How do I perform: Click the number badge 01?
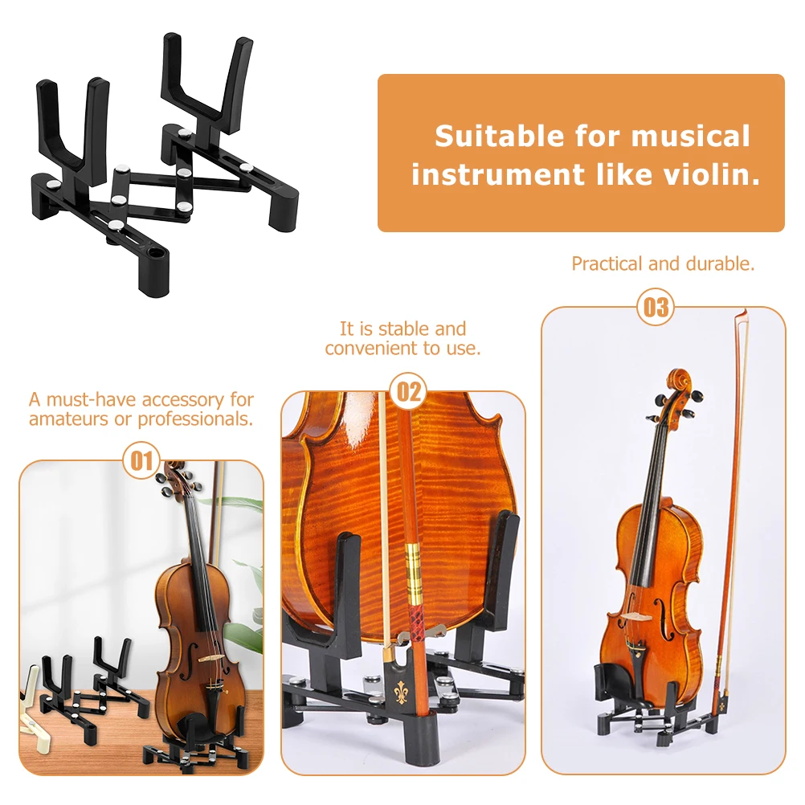click(x=141, y=460)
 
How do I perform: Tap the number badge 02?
click(x=409, y=392)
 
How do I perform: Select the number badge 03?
click(x=656, y=307)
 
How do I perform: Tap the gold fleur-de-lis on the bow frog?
click(x=401, y=692)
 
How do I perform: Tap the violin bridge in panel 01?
click(x=210, y=659)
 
